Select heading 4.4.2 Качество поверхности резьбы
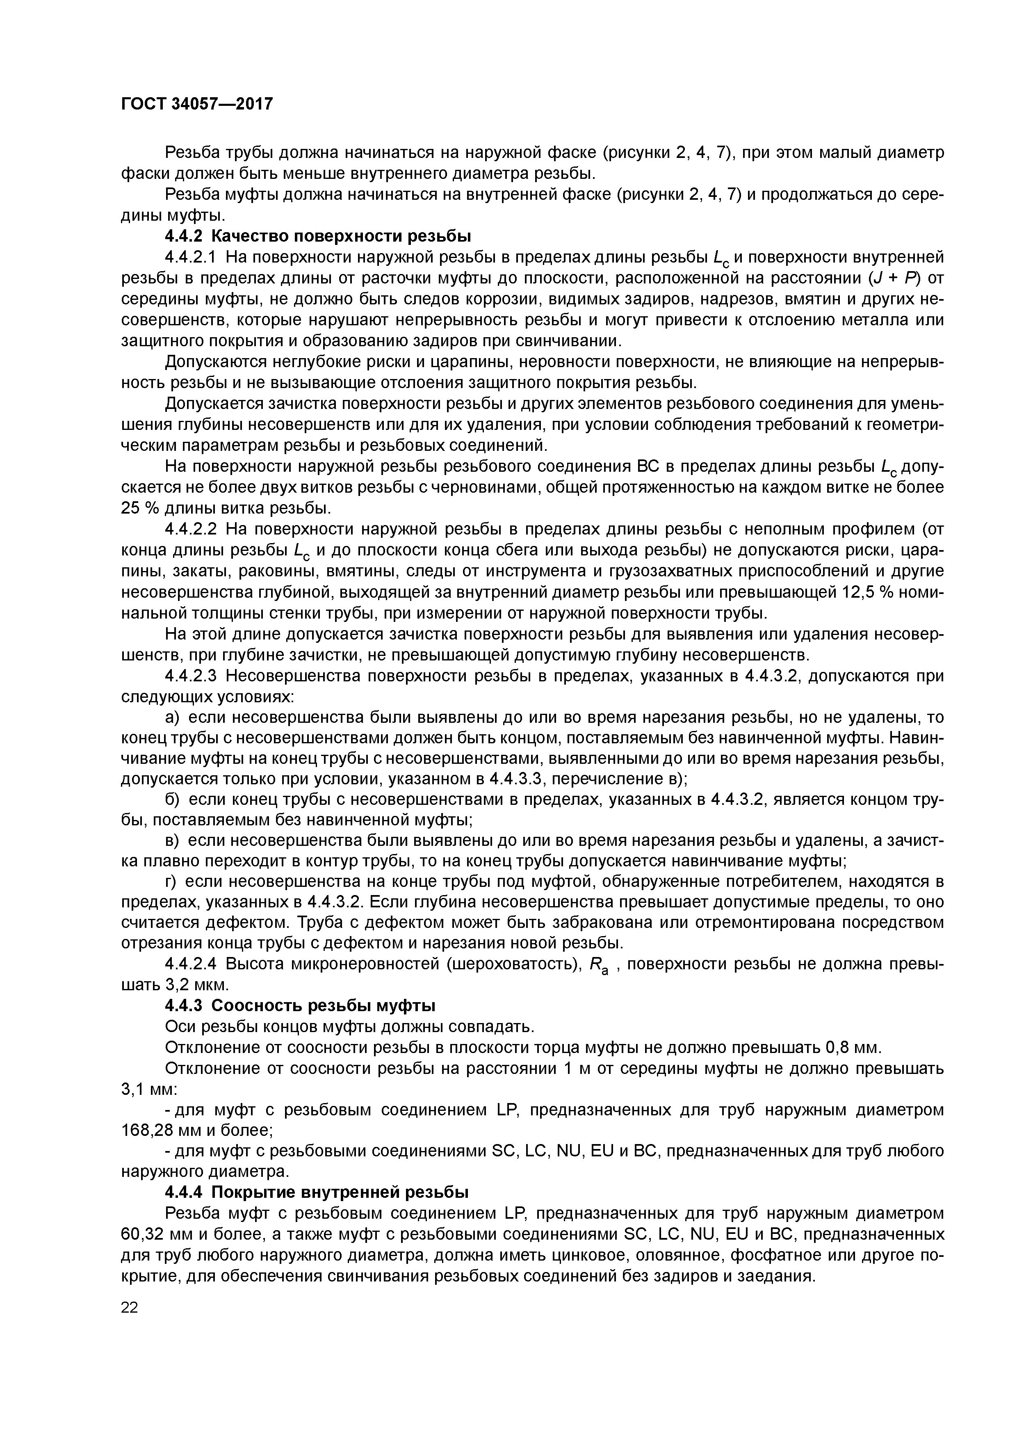click(318, 236)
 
